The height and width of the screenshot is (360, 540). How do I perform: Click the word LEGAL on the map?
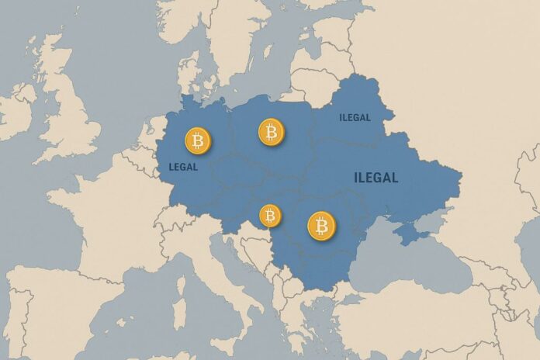pos(183,167)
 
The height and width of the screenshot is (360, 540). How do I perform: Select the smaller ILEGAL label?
pos(355,118)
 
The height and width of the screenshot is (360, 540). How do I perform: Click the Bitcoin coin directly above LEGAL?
pos(198,141)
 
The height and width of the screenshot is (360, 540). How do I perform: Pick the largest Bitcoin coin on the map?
pos(321,226)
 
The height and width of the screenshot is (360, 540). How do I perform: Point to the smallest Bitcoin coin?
pos(269,215)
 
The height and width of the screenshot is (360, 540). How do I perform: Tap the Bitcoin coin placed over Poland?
pos(271,132)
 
